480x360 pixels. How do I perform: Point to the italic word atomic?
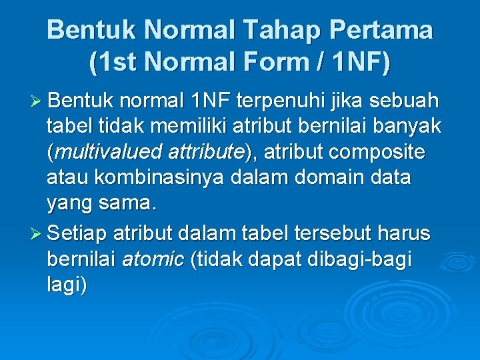point(153,259)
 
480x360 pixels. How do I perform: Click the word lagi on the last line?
point(65,285)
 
